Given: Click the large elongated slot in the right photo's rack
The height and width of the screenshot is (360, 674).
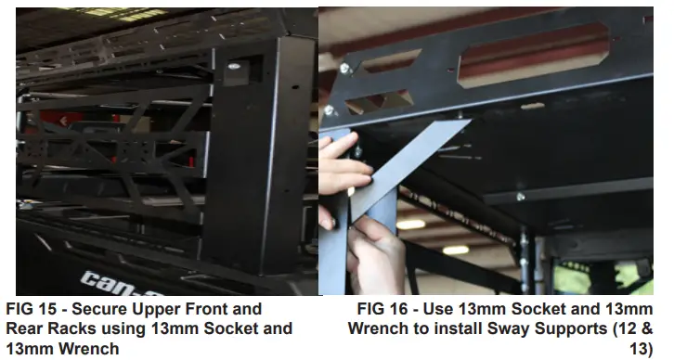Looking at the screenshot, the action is coord(534,55).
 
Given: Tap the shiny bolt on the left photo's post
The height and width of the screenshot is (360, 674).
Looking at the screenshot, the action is coord(233,66).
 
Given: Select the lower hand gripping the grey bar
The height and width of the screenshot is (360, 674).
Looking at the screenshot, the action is coord(374,253).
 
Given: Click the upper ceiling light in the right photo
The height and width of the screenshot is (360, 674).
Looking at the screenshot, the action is coord(410,225).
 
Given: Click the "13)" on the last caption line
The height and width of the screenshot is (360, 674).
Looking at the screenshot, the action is coord(641,348).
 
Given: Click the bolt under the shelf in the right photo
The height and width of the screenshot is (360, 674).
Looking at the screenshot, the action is coord(521,197).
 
